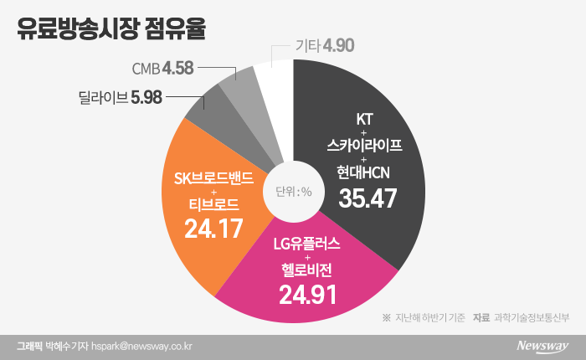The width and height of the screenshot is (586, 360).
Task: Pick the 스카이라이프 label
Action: [x=365, y=145]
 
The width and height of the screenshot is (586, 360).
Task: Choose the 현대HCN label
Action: [x=365, y=172]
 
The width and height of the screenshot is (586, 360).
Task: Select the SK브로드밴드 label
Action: [x=213, y=177]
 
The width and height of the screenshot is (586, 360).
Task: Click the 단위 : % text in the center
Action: [x=293, y=191]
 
